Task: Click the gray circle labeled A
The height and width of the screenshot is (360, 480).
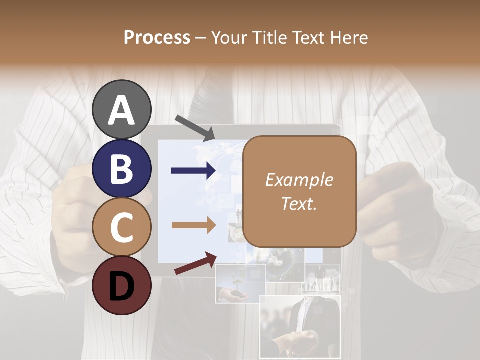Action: pyautogui.click(x=122, y=109)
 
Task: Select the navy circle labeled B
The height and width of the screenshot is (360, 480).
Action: pyautogui.click(x=122, y=168)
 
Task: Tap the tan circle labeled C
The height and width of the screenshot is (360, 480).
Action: pyautogui.click(x=122, y=227)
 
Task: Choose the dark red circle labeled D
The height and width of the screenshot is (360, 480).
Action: pyautogui.click(x=122, y=286)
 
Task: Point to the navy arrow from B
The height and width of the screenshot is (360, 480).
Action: pyautogui.click(x=193, y=171)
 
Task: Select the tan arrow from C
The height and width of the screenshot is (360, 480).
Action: pyautogui.click(x=193, y=225)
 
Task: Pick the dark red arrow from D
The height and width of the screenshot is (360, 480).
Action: pyautogui.click(x=195, y=263)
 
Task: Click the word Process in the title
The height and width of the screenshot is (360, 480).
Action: pyautogui.click(x=157, y=38)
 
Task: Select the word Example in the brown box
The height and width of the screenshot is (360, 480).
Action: pyautogui.click(x=299, y=180)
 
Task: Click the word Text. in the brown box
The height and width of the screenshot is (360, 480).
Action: pyautogui.click(x=299, y=203)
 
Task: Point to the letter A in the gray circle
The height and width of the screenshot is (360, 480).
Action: pyautogui.click(x=122, y=110)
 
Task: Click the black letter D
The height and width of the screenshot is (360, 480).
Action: pyautogui.click(x=122, y=287)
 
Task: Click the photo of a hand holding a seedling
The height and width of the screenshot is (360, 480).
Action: pyautogui.click(x=240, y=284)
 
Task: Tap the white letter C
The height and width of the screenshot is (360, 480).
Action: pyautogui.click(x=122, y=228)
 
